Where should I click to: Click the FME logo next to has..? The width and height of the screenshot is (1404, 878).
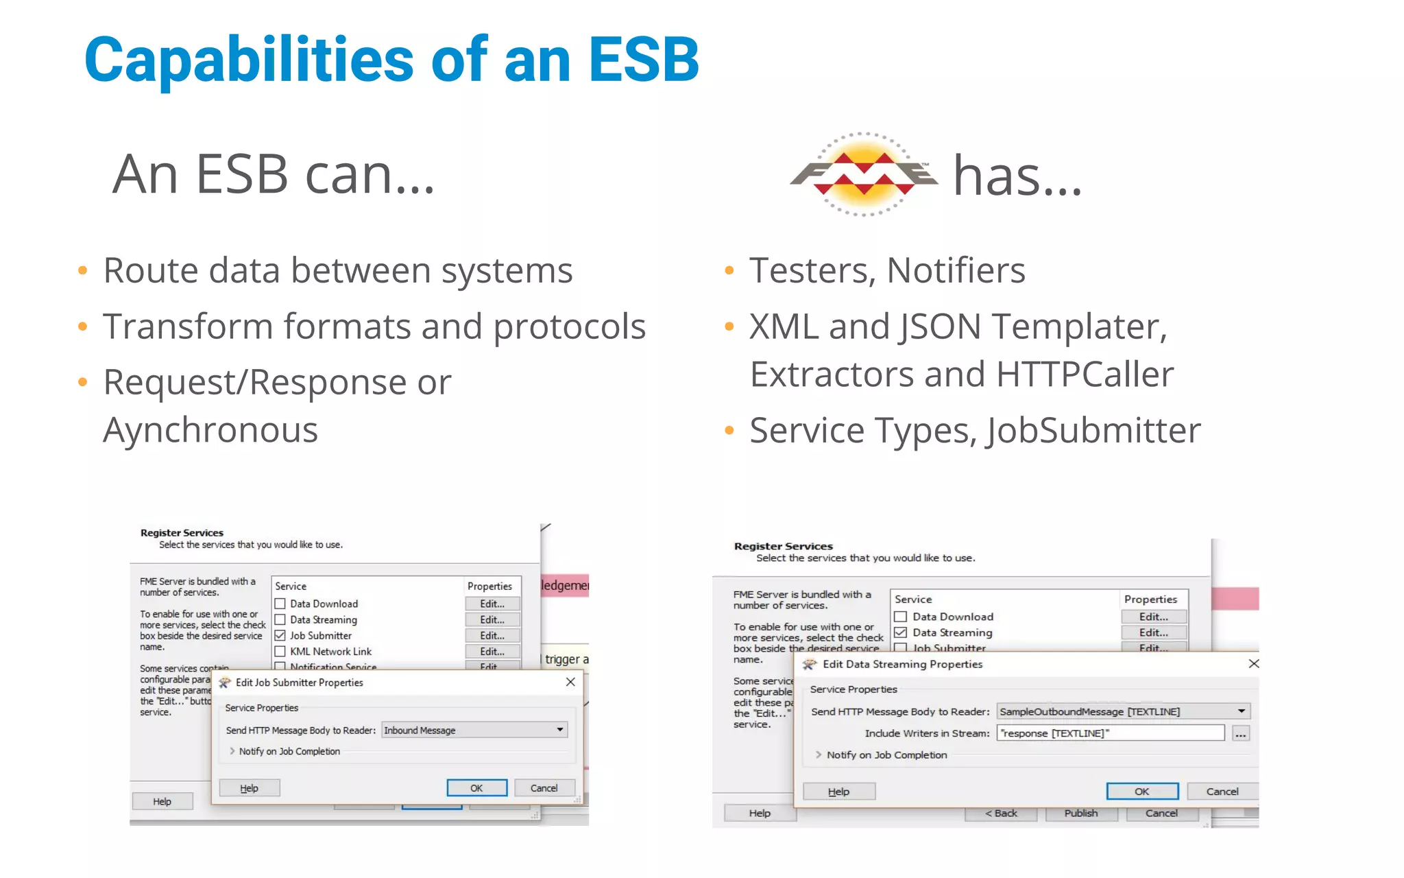click(864, 174)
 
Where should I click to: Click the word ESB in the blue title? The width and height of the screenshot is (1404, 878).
click(643, 60)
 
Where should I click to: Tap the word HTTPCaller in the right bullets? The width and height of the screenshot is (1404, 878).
click(1085, 375)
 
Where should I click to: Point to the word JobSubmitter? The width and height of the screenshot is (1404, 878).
click(1093, 431)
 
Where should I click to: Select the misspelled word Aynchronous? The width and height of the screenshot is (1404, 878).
click(210, 431)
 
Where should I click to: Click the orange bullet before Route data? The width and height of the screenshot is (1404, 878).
click(83, 271)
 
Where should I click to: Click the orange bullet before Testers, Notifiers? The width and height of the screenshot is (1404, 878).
click(729, 271)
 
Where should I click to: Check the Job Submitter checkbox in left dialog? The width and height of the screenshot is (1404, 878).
click(280, 636)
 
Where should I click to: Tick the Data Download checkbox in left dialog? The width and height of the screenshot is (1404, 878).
click(280, 604)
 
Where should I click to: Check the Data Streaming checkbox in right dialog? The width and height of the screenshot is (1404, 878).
click(901, 632)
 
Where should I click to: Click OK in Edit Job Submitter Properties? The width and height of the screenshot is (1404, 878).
click(476, 788)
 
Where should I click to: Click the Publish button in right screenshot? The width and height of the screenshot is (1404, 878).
click(1080, 814)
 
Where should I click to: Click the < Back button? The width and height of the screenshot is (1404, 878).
click(1001, 814)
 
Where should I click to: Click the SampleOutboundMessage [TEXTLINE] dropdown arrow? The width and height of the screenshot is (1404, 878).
click(1241, 711)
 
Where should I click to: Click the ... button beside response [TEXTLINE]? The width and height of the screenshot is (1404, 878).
click(1241, 734)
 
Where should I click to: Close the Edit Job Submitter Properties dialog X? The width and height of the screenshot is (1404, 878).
click(570, 682)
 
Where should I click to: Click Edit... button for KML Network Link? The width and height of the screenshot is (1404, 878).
click(492, 652)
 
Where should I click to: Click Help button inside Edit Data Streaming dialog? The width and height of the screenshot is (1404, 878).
click(838, 792)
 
